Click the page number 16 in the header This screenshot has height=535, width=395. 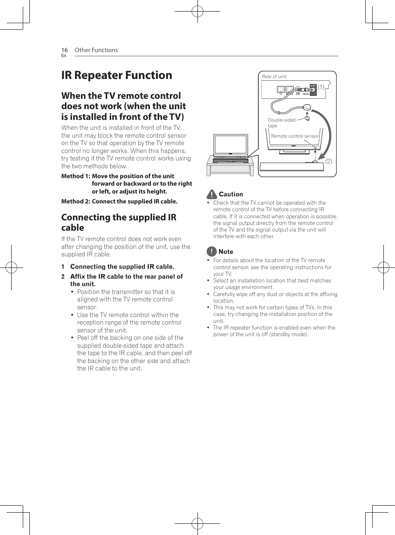coord(64,50)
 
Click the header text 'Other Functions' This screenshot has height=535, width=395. coord(96,50)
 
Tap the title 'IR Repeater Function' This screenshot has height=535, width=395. coord(116,75)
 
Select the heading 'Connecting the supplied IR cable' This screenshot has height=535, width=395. coord(118,222)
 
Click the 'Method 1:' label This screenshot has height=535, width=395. coord(75,176)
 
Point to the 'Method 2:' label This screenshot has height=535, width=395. coord(75,201)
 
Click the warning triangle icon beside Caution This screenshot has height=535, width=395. coord(212,194)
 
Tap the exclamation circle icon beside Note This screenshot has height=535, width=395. coord(212,251)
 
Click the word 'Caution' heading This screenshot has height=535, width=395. coord(231,194)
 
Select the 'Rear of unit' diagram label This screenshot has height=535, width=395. coord(274,76)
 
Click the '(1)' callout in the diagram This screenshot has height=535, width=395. coord(321,87)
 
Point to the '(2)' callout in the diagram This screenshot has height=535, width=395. coord(328,161)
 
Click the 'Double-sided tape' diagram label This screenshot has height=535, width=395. coord(281,123)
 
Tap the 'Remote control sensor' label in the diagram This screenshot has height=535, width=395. coord(295,136)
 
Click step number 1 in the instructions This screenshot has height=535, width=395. coord(63,267)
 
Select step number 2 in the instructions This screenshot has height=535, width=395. coord(63,277)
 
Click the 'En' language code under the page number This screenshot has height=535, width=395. coord(63,56)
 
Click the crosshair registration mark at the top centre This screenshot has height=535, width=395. coord(197,12)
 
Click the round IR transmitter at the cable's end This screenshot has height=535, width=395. coord(307,108)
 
